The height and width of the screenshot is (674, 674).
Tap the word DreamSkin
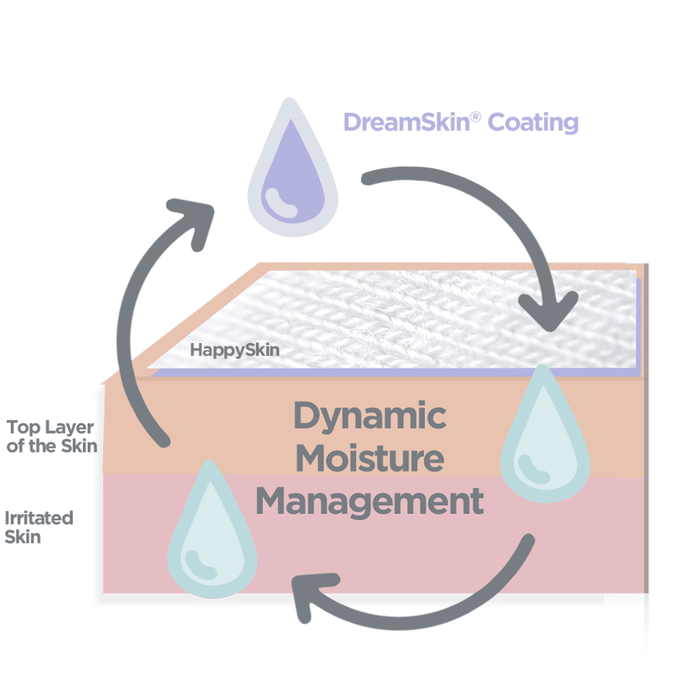(406, 123)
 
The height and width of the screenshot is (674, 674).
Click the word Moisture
(370, 459)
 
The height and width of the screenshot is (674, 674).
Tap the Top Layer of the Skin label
(52, 436)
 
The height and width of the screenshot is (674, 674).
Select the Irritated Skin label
(39, 527)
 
